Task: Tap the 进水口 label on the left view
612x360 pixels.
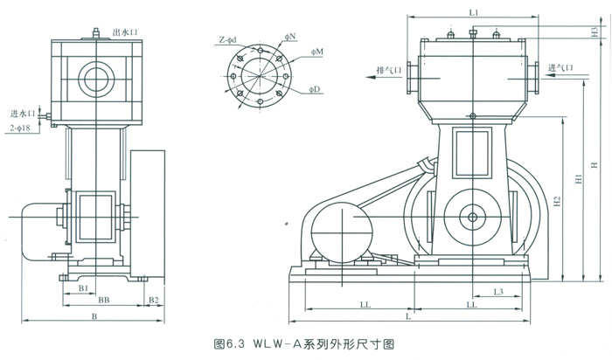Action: [x=21, y=113]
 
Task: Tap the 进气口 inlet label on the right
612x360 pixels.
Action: [x=560, y=67]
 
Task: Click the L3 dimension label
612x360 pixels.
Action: [x=496, y=291]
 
